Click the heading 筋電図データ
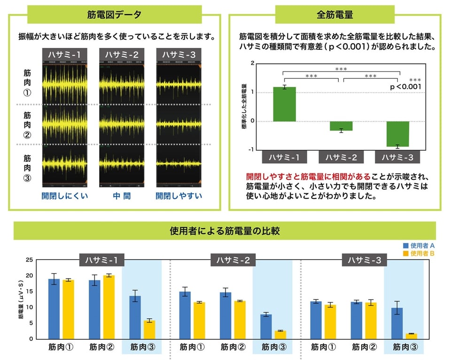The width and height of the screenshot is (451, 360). [x=114, y=15]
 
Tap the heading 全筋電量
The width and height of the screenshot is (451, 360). [x=335, y=15]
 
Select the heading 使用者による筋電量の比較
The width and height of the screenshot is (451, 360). [x=225, y=230]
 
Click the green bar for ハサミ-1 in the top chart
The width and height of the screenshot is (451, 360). [x=285, y=104]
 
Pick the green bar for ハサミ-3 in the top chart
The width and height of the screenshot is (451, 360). [x=397, y=134]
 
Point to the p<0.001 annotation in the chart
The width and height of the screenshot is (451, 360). [x=405, y=87]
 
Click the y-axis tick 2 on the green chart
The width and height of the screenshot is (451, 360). [x=253, y=63]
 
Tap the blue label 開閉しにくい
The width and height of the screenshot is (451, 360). [x=65, y=195]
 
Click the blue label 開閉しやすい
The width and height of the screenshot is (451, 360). [x=179, y=195]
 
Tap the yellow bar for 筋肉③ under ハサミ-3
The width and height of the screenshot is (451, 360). [x=411, y=336]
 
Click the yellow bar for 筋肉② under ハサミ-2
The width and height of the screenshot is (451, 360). [x=240, y=320]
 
